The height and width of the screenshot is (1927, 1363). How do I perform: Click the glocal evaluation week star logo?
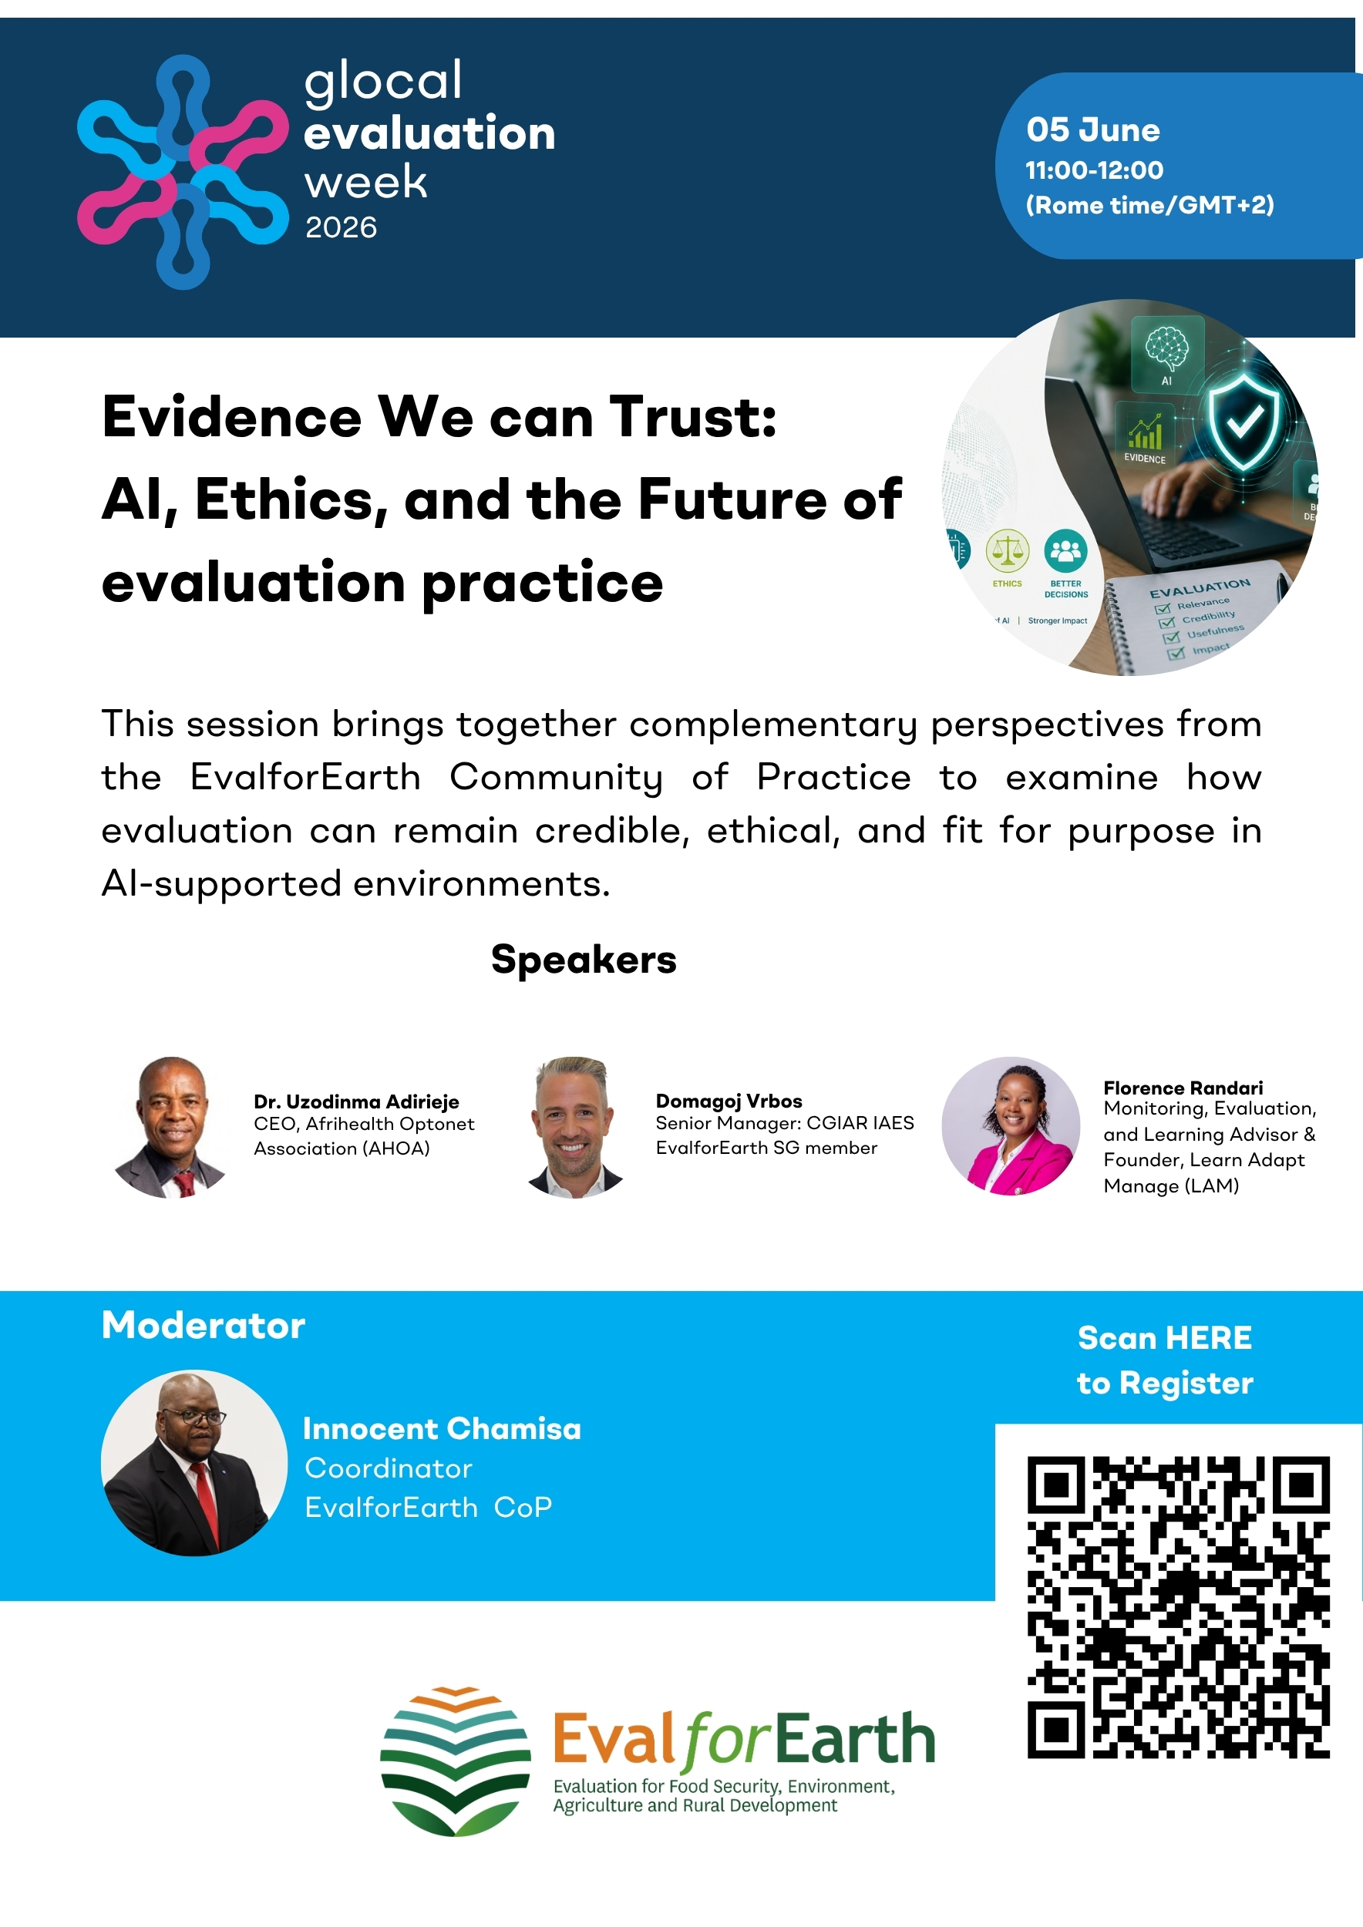tap(183, 172)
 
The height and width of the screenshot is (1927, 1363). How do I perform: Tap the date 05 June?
tap(1092, 130)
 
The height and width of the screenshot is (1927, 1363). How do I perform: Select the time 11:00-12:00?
tap(1095, 170)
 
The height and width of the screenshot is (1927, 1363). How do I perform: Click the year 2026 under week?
tap(341, 227)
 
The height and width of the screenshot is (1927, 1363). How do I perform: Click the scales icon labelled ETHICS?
tap(1007, 551)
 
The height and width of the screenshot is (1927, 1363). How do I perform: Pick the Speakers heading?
tap(584, 960)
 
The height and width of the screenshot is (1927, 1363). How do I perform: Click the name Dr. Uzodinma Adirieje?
tap(357, 1101)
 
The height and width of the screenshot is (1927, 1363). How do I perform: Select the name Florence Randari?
tap(1183, 1088)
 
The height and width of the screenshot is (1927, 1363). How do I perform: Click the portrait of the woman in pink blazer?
tap(1011, 1125)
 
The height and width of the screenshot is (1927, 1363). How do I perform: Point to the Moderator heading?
tap(203, 1326)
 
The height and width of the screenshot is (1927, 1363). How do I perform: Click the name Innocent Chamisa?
tap(442, 1428)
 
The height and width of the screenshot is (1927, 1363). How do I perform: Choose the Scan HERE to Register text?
tap(1165, 1360)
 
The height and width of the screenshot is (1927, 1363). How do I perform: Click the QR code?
tap(1178, 1607)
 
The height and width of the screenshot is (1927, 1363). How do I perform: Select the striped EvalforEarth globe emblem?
tap(455, 1761)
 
